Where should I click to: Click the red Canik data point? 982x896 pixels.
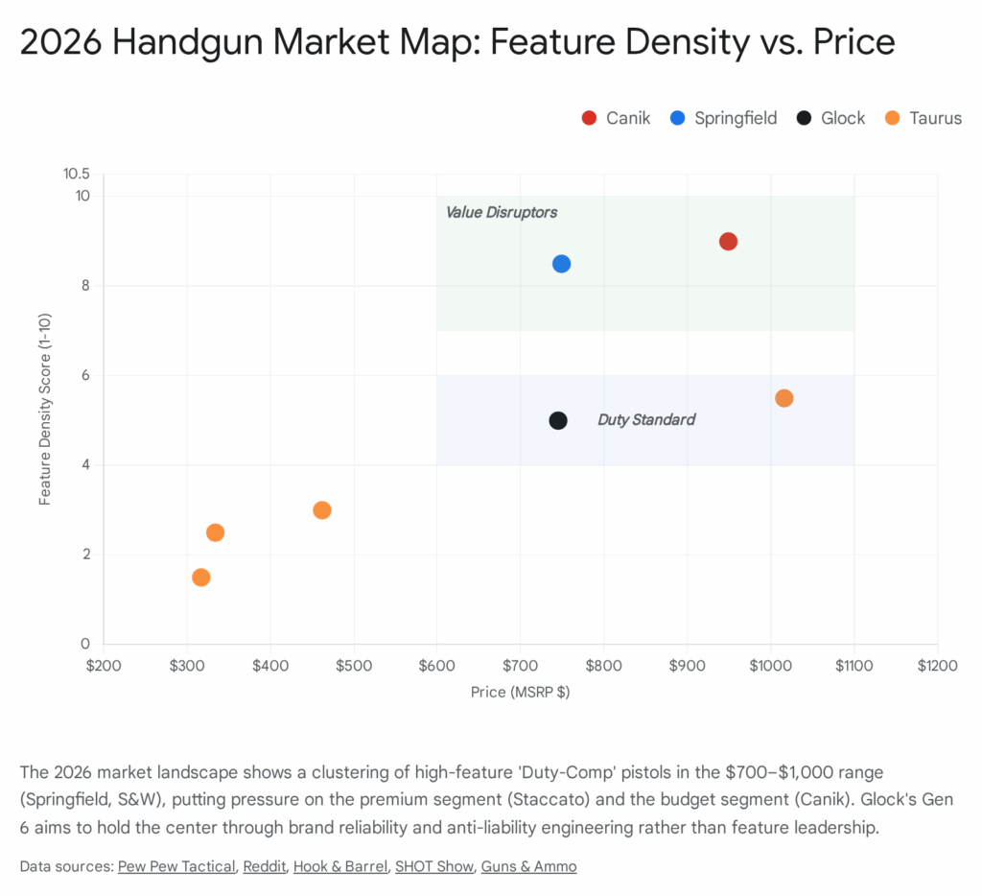click(x=728, y=242)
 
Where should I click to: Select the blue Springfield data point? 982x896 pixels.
click(x=561, y=264)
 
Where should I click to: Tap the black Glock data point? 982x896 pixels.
click(x=558, y=420)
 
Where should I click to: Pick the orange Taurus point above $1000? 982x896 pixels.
click(x=783, y=398)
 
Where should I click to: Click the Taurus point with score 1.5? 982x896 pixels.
click(x=200, y=578)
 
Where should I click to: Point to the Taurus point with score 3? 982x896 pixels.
click(x=322, y=510)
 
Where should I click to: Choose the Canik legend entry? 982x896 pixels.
click(x=616, y=118)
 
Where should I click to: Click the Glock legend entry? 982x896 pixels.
click(x=830, y=118)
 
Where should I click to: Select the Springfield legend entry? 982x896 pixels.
click(x=725, y=118)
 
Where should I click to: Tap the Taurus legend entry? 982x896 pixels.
click(x=924, y=118)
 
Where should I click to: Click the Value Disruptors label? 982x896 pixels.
click(x=501, y=212)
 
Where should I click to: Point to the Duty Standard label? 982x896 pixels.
click(x=646, y=419)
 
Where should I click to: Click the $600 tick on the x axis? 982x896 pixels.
click(x=436, y=664)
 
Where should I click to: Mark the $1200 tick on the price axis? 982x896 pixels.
click(x=937, y=664)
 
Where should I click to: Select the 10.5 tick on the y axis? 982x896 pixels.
click(x=76, y=174)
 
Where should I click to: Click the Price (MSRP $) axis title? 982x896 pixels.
click(x=520, y=692)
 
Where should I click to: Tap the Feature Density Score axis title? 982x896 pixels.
click(x=45, y=410)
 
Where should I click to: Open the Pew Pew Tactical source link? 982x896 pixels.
click(x=176, y=866)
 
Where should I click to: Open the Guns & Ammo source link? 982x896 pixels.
click(x=528, y=866)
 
